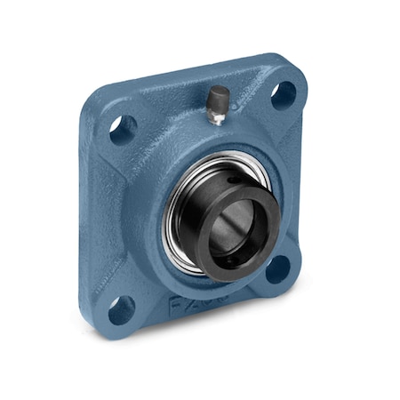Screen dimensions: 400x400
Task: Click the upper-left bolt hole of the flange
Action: coord(123,130)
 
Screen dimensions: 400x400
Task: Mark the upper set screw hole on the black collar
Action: coord(233,180)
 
